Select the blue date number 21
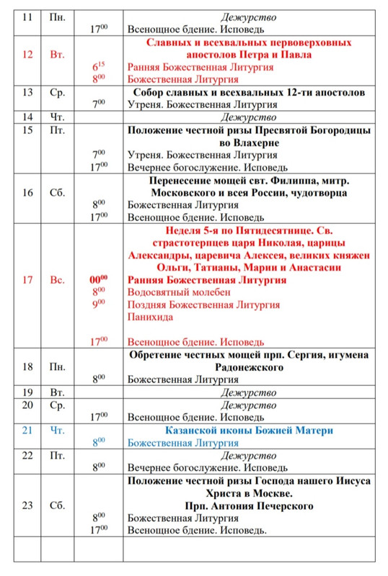point(27,431)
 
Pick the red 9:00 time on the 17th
point(98,303)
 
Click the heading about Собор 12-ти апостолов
point(248,93)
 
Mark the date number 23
point(27,505)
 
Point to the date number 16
point(27,193)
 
